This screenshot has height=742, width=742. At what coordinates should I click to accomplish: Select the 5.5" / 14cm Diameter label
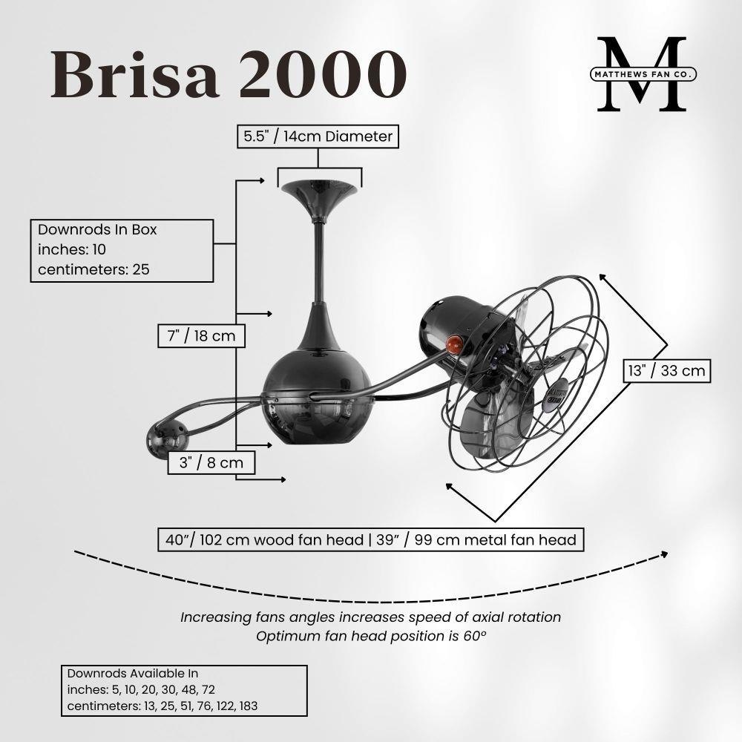pos(318,137)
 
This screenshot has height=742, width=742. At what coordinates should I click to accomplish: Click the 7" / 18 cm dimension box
pos(202,336)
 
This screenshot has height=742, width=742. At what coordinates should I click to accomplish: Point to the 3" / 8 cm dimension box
pos(211,462)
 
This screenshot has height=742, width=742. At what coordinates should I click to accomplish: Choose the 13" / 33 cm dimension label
pos(667,370)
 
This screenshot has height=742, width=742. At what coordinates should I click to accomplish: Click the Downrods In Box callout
pos(122,250)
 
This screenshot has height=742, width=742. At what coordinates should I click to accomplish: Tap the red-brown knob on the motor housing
pos(454,344)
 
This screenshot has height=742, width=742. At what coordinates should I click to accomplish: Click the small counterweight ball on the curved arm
pos(167,440)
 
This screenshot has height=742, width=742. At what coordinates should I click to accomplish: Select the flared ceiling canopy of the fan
pos(319,199)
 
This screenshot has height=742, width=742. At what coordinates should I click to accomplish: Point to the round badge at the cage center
pos(554,393)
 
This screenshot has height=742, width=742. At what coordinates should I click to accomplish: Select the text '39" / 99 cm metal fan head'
pos(476,540)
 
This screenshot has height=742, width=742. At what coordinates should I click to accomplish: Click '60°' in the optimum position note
pos(475,636)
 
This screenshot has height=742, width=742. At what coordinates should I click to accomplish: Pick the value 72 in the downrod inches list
pos(209,689)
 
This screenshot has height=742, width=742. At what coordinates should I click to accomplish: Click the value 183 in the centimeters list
pos(249,706)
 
